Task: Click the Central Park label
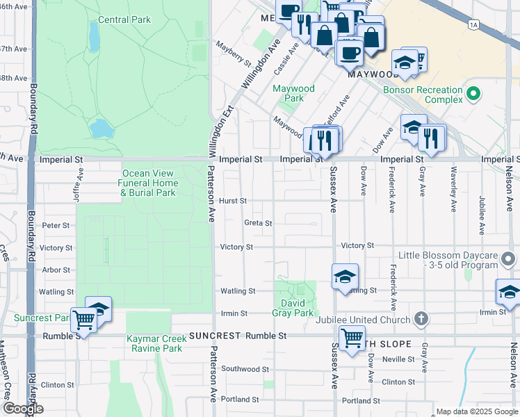pyautogui.click(x=124, y=19)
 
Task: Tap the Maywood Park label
pyautogui.click(x=293, y=93)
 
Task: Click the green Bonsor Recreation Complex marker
pyautogui.click(x=473, y=92)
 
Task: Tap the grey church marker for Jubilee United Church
pyautogui.click(x=420, y=319)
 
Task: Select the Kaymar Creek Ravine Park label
pyautogui.click(x=154, y=343)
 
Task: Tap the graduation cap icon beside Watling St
pyautogui.click(x=345, y=277)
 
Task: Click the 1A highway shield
pyautogui.click(x=473, y=25)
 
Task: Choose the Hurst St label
pyautogui.click(x=233, y=201)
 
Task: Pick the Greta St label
pyautogui.click(x=258, y=223)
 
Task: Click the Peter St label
pyautogui.click(x=56, y=225)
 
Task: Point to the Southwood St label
pyautogui.click(x=245, y=369)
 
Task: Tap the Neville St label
pyautogui.click(x=398, y=359)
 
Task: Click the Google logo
pyautogui.click(x=23, y=409)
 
